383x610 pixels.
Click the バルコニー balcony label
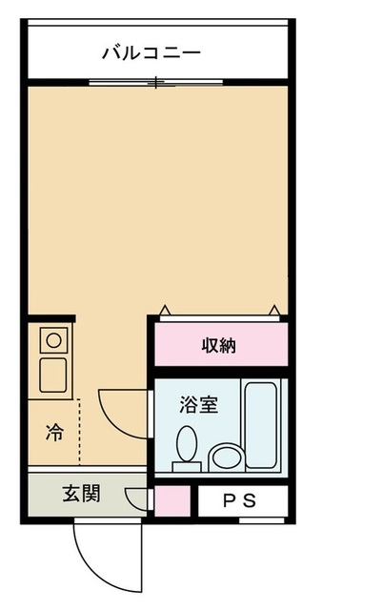(x=151, y=52)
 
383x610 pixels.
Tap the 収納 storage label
(x=219, y=344)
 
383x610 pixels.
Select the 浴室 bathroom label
(x=199, y=404)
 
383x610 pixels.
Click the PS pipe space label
(x=240, y=500)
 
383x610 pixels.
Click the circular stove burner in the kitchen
(x=51, y=338)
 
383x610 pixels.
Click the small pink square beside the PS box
(x=171, y=501)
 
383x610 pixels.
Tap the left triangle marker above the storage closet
(x=164, y=310)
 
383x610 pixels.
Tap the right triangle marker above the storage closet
(x=274, y=310)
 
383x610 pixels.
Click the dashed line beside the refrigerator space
(x=80, y=429)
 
